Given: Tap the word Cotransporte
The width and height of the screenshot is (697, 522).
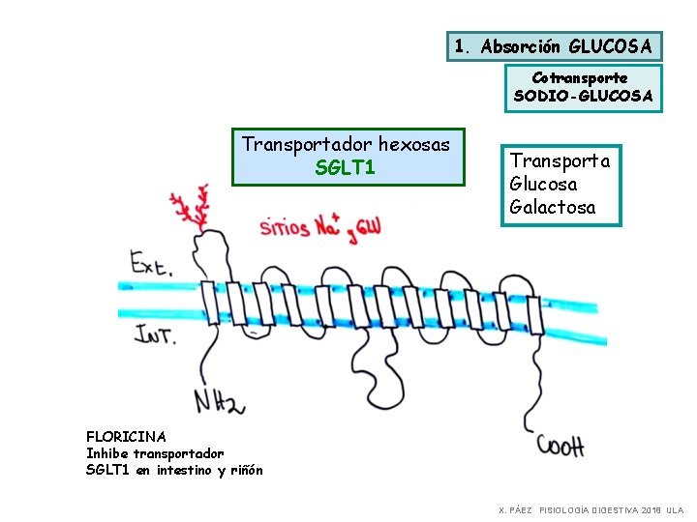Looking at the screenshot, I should pyautogui.click(x=580, y=77).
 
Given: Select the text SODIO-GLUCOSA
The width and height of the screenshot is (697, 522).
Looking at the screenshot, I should pyautogui.click(x=583, y=96).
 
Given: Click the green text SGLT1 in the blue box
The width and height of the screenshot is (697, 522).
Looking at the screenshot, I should pyautogui.click(x=346, y=167).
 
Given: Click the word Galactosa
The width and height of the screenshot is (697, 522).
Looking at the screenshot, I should pyautogui.click(x=553, y=207).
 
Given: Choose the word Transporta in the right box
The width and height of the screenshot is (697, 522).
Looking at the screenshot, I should pyautogui.click(x=560, y=160).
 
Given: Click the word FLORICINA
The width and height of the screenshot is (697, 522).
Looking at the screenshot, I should pyautogui.click(x=126, y=437).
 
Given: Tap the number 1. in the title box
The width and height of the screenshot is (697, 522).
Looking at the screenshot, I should pyautogui.click(x=464, y=45).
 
